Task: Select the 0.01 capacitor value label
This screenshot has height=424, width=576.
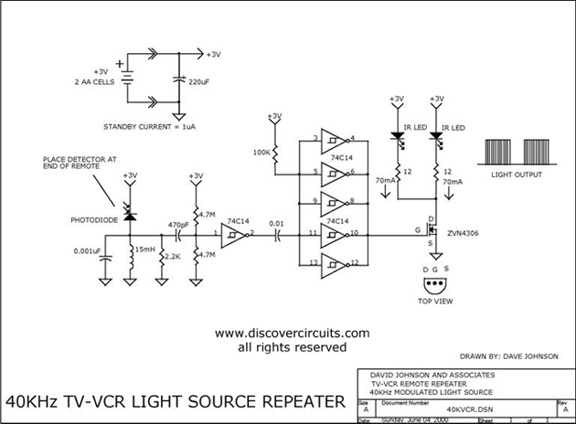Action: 277,222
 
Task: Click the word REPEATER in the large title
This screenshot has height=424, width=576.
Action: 297,401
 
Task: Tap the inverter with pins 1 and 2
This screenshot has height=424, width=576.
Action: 236,236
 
